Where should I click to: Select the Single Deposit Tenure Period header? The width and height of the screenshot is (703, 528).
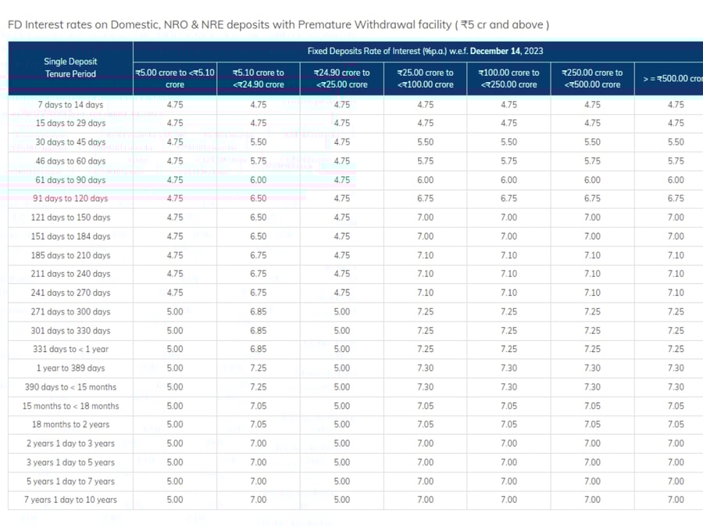(70, 67)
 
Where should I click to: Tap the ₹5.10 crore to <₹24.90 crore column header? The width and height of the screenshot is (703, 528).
(259, 78)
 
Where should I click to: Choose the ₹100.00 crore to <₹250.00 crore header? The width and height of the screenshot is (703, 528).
(509, 78)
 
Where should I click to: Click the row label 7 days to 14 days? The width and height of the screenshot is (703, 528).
(70, 105)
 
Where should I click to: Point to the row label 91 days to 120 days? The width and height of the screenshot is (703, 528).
(70, 199)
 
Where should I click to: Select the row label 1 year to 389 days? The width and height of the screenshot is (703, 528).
(70, 368)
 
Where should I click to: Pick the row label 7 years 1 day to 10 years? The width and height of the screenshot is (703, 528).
(70, 500)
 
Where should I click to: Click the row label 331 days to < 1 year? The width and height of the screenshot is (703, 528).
(70, 349)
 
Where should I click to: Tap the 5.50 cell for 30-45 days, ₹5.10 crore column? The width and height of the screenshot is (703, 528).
(259, 142)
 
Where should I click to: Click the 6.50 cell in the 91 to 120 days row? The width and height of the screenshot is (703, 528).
(259, 199)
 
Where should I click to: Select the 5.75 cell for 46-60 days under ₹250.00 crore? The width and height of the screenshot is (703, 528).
(592, 161)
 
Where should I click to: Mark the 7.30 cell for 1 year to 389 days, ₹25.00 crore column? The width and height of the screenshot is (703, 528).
(426, 368)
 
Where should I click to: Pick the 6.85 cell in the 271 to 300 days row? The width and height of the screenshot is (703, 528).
(259, 311)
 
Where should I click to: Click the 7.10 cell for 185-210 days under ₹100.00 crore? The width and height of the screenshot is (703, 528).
(509, 255)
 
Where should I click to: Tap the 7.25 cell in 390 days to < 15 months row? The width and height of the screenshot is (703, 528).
(259, 387)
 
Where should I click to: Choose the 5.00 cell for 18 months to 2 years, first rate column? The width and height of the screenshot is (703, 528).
(175, 425)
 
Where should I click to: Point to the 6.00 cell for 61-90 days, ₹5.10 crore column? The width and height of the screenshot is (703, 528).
(259, 180)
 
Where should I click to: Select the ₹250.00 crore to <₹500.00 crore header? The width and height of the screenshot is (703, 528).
(592, 78)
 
